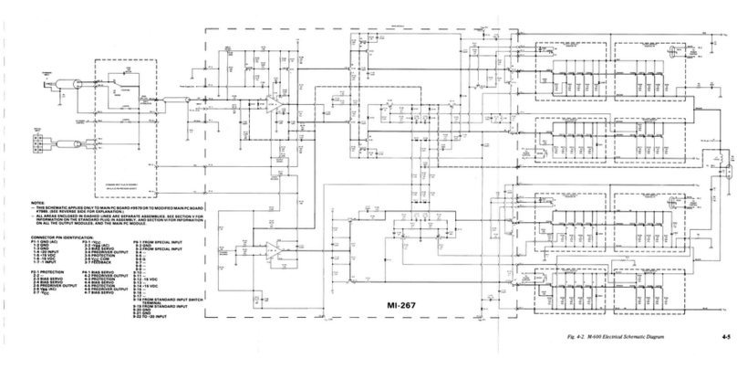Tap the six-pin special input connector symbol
(x=38, y=142)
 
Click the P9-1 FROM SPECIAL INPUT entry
(x=161, y=241)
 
